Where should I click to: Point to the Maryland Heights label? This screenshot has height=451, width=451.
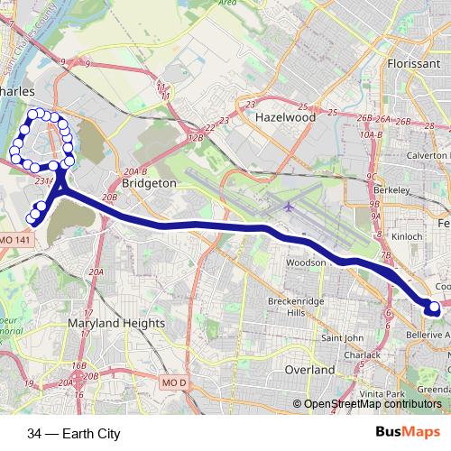point(116,323)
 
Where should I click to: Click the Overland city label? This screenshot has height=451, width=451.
point(309,370)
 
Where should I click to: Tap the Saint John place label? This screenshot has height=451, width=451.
point(343,338)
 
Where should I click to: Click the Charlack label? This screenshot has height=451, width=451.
point(362,354)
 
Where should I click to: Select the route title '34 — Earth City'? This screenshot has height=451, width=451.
point(74,434)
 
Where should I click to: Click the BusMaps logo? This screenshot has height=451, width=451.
point(407,433)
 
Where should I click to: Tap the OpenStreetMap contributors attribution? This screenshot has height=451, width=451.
point(372,404)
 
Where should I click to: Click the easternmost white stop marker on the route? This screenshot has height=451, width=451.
point(435,307)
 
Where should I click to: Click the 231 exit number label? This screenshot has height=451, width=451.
point(41,180)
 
